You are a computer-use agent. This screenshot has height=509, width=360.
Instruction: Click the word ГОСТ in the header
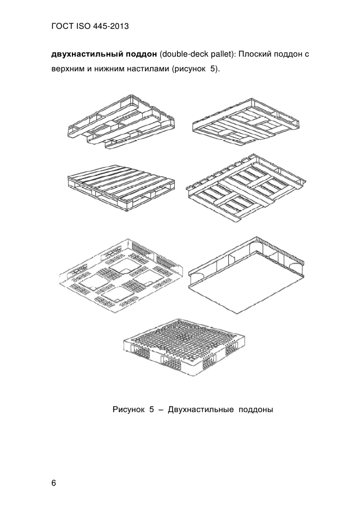[62, 26]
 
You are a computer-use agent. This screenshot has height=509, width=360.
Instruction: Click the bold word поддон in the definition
[141, 54]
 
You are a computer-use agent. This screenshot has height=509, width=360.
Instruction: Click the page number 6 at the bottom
[54, 483]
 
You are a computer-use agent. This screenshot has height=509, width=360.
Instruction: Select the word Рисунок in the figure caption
[129, 409]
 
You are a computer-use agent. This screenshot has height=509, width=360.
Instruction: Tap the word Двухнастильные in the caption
[200, 409]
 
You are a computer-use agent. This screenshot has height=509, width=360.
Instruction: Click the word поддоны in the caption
[256, 410]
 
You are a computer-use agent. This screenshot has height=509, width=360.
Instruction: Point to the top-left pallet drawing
[121, 122]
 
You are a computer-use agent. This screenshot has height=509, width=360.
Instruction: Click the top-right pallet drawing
[246, 120]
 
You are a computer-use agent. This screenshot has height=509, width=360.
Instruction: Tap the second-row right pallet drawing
[246, 188]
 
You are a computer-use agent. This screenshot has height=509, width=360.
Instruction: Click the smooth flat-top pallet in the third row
[247, 275]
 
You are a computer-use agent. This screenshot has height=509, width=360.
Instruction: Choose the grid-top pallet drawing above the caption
[184, 347]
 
